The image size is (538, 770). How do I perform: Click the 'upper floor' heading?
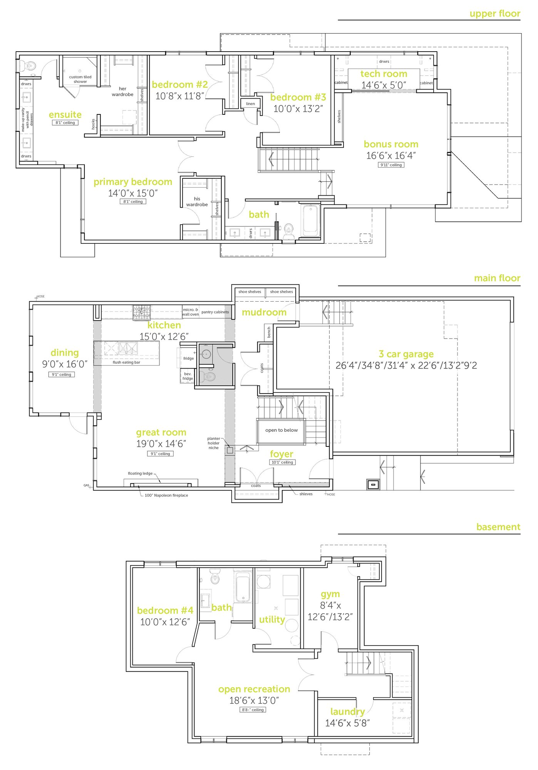coord(494,14)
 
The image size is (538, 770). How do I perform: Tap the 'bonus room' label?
coord(391,144)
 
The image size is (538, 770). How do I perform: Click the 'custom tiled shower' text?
coord(80,79)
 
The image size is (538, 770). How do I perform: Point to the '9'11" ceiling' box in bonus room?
coord(391,165)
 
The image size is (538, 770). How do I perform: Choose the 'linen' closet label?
coord(250,104)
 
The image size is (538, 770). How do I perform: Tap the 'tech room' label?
coord(384,74)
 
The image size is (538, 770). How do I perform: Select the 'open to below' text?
coord(281,430)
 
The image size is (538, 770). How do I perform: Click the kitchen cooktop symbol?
coord(142,312)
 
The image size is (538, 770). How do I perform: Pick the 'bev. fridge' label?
coord(188,376)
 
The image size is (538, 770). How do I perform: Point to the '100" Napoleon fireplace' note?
coord(166,495)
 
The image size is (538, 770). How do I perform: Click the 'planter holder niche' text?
coord(213,443)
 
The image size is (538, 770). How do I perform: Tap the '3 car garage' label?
coord(406,354)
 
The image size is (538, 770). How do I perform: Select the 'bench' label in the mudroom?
coord(269,332)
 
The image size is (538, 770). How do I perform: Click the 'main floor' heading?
coord(497,278)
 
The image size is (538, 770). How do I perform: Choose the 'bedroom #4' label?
coord(165,611)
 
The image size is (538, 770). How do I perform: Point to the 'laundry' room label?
coord(347,711)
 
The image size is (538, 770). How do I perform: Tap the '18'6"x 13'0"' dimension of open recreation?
coord(254,700)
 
